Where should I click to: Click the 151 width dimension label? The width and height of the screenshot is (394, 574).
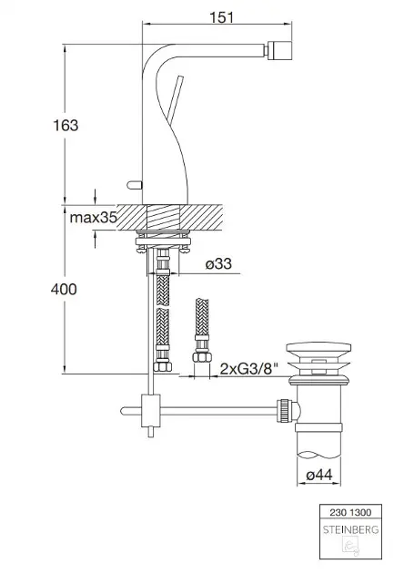coord(222,16)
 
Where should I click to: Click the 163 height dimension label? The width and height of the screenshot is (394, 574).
coord(66,125)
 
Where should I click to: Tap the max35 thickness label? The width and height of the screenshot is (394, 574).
coord(93,218)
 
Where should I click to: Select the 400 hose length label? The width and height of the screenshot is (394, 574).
coord(64,289)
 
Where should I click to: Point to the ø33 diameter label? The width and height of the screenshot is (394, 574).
coord(218,263)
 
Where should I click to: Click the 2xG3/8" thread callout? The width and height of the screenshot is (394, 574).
coord(249,369)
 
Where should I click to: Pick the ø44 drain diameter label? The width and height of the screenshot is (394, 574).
coord(319,475)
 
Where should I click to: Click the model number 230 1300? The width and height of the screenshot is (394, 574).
coord(350,512)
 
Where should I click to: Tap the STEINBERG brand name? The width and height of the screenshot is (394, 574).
coord(350,529)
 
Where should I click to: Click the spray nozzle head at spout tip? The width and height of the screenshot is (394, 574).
coord(279,50)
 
